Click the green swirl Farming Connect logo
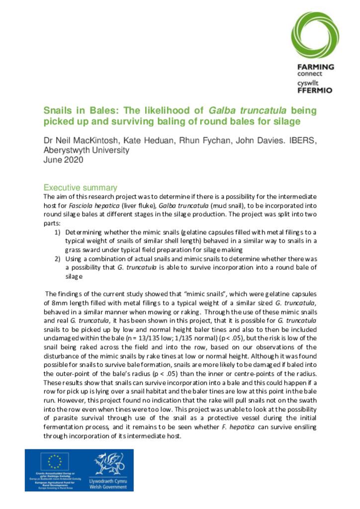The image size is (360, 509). point(315,35)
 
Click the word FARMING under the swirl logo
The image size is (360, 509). point(315,67)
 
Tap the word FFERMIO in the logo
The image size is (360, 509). point(315,91)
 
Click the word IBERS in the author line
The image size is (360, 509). point(302,141)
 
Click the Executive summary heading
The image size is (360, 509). point(80,188)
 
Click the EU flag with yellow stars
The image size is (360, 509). point(54,462)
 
